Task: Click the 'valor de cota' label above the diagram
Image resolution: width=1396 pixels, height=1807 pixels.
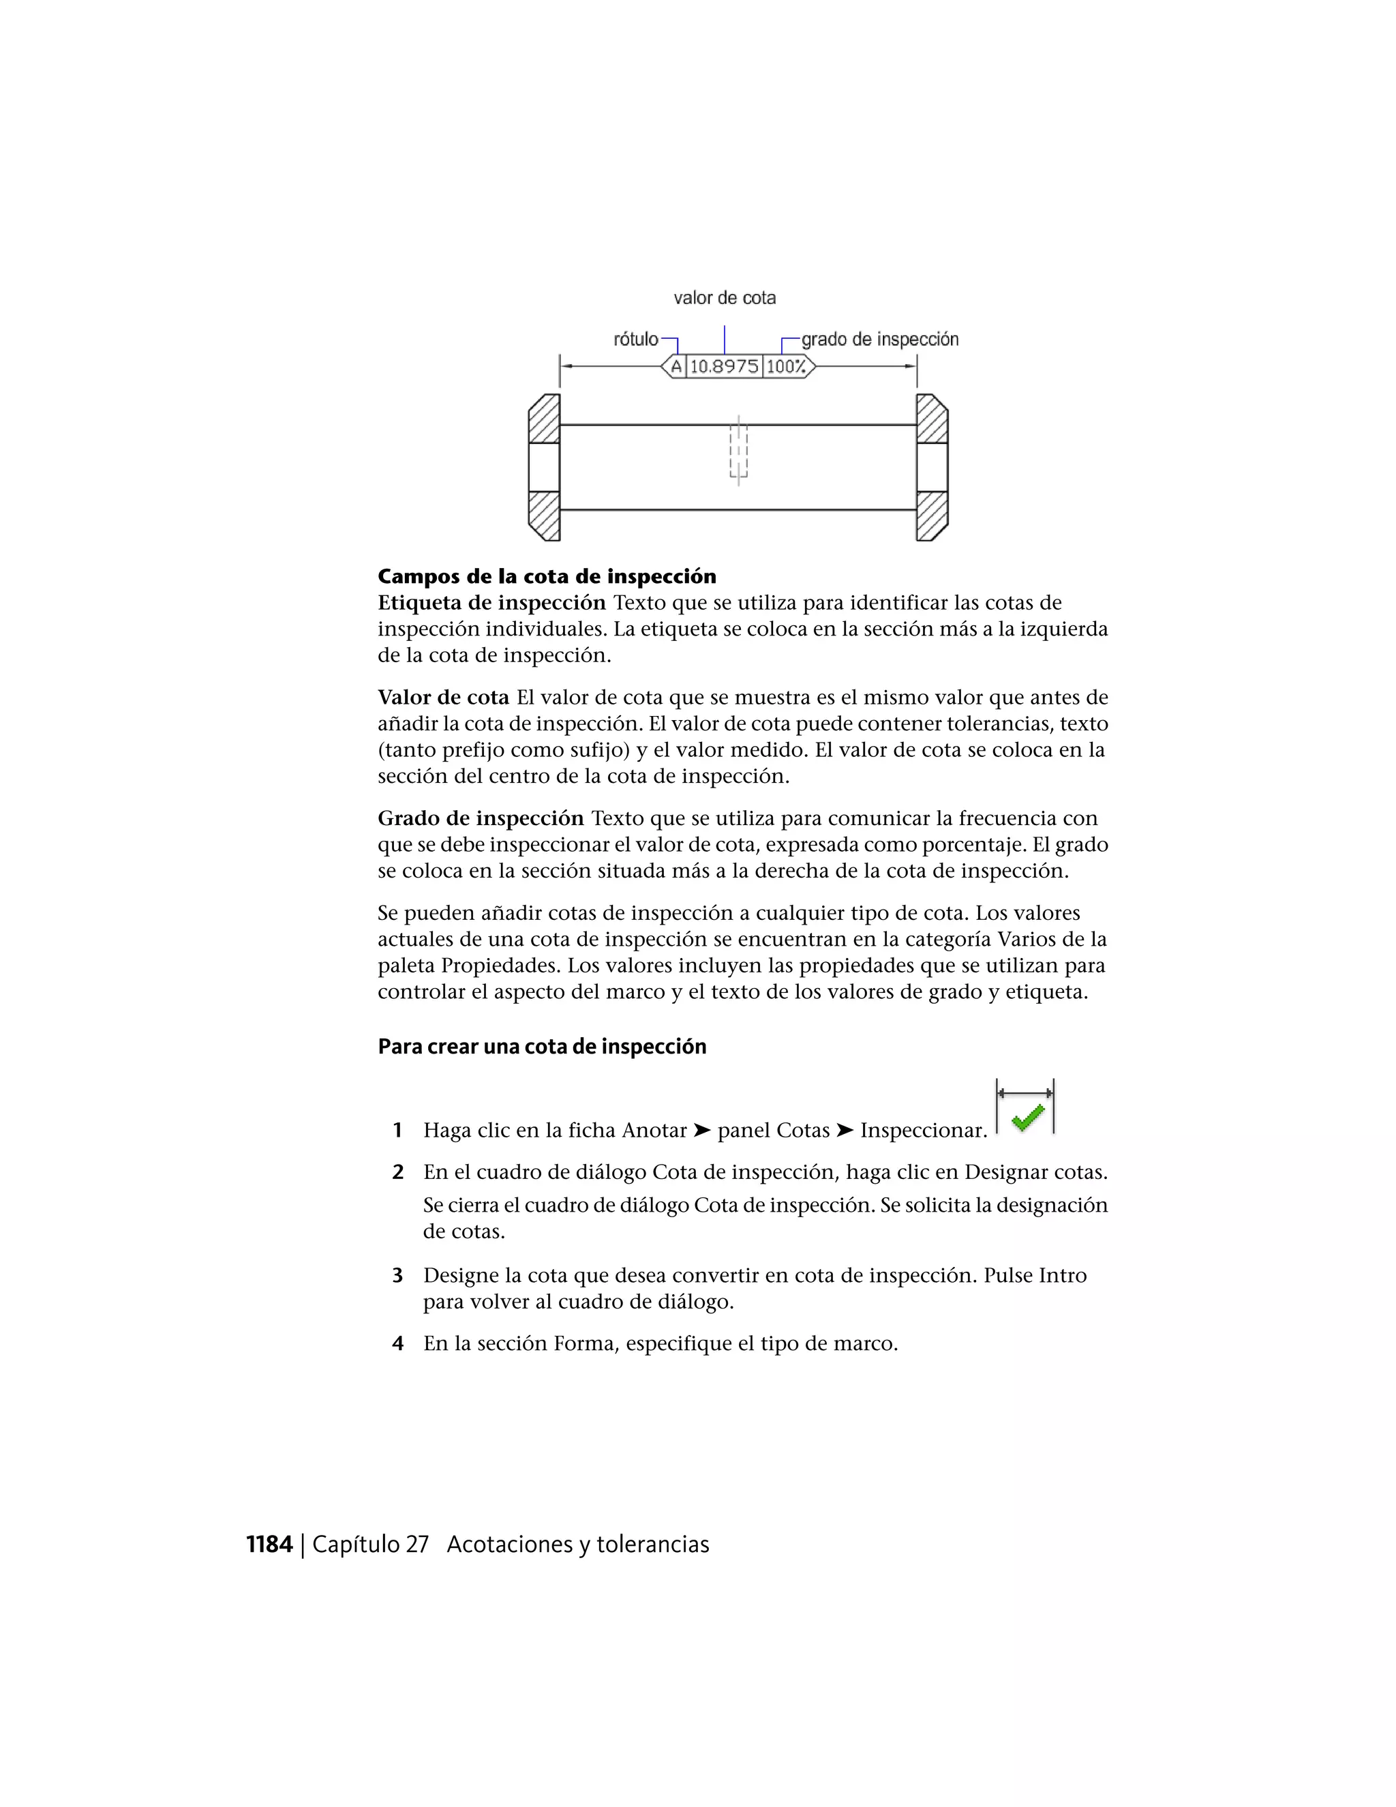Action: coord(725,298)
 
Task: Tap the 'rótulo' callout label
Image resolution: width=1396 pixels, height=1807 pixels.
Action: coord(635,339)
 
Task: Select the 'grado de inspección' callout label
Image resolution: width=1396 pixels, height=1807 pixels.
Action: coord(879,339)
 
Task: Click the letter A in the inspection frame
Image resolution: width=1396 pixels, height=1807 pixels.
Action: coord(676,367)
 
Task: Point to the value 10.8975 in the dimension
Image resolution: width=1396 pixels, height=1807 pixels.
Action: coord(724,367)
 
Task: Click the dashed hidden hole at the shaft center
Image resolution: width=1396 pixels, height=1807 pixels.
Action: coord(738,451)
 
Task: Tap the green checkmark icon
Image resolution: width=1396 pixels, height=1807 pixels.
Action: coord(1027,1118)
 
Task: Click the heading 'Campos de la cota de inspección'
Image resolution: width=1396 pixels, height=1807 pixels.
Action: coord(547,577)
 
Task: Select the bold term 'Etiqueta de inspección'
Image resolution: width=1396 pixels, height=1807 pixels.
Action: coord(491,603)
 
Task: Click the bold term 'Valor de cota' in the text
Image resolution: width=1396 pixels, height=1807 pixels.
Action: coord(443,698)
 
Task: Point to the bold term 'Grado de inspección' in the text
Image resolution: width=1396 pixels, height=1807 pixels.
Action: coord(481,819)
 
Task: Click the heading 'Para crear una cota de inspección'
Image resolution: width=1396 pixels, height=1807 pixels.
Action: coord(542,1047)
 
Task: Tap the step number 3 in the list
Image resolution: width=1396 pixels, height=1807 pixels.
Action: coord(398,1276)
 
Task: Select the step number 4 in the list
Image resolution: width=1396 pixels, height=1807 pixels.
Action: coord(398,1344)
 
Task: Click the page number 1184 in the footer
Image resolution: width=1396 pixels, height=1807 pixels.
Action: coord(270,1544)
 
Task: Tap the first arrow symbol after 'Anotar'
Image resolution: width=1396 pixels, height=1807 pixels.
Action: coord(702,1130)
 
